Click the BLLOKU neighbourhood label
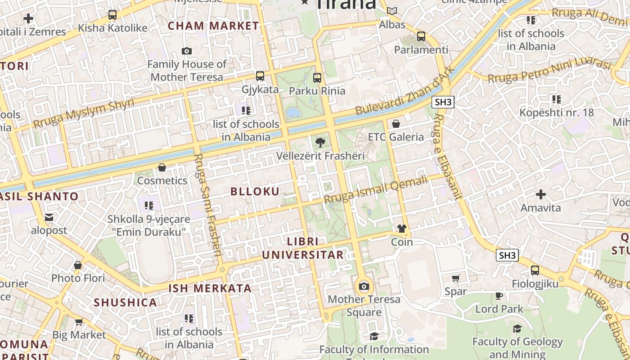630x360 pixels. coord(255,191)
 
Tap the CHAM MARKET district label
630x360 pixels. coord(213,26)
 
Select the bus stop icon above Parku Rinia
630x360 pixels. coord(317,77)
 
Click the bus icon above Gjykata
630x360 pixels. coord(260,76)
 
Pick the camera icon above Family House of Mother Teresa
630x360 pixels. coord(187,51)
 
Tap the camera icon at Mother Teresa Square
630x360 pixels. coord(364,286)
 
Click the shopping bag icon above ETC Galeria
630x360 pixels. coord(396,124)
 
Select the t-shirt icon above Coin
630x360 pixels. coord(402,229)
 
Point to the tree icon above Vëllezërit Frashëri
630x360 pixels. coord(320,143)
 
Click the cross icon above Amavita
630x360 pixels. coord(540,194)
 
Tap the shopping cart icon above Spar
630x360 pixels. coord(456,278)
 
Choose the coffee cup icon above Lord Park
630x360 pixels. coord(499,296)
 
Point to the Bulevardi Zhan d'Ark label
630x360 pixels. coord(403,95)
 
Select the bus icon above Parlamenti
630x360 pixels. coord(421,36)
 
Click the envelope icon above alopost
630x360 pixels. coord(49,217)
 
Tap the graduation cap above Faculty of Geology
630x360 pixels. coord(517,328)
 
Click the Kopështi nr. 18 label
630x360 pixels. coord(557,112)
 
